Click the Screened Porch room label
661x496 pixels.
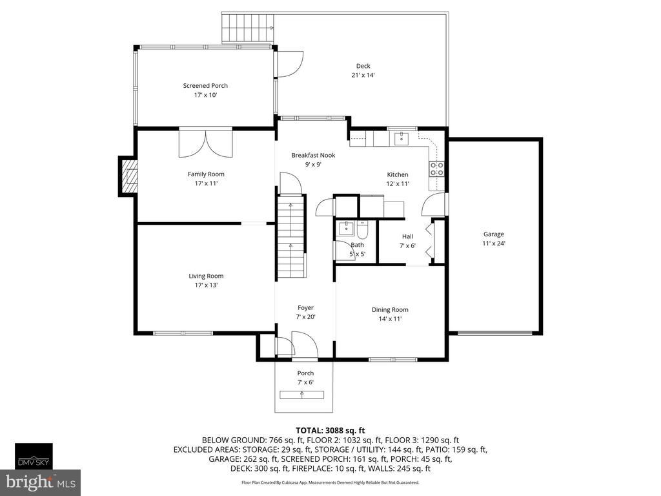pos(205,86)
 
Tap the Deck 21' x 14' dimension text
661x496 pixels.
pos(363,75)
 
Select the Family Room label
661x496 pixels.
pos(206,174)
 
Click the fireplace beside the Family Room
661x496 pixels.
pos(128,176)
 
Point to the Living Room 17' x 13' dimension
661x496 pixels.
pos(206,285)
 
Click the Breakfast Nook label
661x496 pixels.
pos(313,155)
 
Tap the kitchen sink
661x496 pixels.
pos(402,138)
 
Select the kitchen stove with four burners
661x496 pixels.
pos(436,169)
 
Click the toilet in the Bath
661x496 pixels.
pos(363,230)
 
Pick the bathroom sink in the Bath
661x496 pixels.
pos(347,228)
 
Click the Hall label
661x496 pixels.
pos(408,236)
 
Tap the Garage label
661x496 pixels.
pos(494,234)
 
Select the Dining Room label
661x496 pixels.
pos(390,309)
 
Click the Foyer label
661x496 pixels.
pos(305,308)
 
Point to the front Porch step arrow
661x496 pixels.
pos(302,395)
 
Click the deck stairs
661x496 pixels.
pos(248,28)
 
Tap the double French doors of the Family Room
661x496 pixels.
pos(206,143)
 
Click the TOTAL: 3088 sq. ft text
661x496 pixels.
pos(330,431)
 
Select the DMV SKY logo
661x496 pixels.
pos(34,456)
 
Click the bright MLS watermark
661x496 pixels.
pos(41,482)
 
